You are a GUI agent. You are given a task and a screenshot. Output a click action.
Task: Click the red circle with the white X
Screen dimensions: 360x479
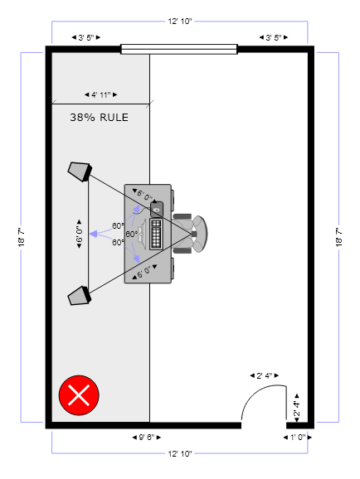click(x=79, y=395)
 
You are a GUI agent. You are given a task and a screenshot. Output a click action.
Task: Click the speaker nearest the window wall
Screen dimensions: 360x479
click(x=80, y=172)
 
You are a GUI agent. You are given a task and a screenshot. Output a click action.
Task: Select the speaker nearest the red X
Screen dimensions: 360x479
click(x=80, y=296)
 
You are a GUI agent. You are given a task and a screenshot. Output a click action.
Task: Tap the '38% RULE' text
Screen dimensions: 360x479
click(x=99, y=118)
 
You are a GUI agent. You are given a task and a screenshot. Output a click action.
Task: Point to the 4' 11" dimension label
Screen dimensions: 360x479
click(x=100, y=94)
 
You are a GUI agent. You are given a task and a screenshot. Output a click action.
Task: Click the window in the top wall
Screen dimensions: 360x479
click(x=179, y=49)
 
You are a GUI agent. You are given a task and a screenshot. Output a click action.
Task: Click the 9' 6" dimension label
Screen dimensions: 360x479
click(x=147, y=437)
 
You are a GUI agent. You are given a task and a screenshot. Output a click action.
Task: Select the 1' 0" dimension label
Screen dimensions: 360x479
click(x=298, y=437)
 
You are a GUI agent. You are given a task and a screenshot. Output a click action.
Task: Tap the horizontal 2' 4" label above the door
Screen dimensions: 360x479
click(x=265, y=375)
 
